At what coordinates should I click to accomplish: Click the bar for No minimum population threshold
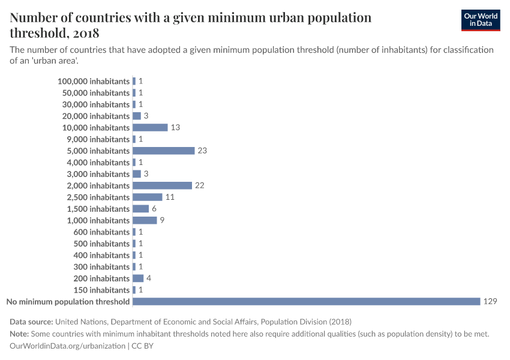306,301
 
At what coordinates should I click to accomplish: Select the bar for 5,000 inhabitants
163,151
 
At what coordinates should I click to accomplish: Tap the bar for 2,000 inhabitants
162,185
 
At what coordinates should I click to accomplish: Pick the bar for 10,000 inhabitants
150,127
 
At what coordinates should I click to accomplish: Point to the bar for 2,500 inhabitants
147,197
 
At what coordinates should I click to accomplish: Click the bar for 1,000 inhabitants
145,220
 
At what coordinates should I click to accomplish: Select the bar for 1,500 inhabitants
140,209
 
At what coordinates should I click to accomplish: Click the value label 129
490,301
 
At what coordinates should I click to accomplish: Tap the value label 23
202,151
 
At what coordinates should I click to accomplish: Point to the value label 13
175,127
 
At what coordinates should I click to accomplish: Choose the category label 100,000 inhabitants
94,81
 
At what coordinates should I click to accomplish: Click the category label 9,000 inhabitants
98,139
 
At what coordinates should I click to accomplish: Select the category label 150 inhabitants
101,290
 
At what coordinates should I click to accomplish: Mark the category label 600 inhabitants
101,232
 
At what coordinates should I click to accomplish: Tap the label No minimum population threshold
68,301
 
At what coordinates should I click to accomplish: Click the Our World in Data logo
480,20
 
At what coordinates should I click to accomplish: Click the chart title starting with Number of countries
190,25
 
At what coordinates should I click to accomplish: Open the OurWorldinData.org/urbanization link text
68,346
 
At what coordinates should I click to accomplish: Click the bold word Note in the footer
20,334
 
